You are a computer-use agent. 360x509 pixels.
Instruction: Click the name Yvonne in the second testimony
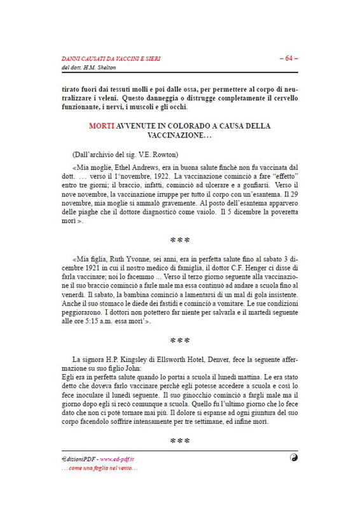pos(142,260)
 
